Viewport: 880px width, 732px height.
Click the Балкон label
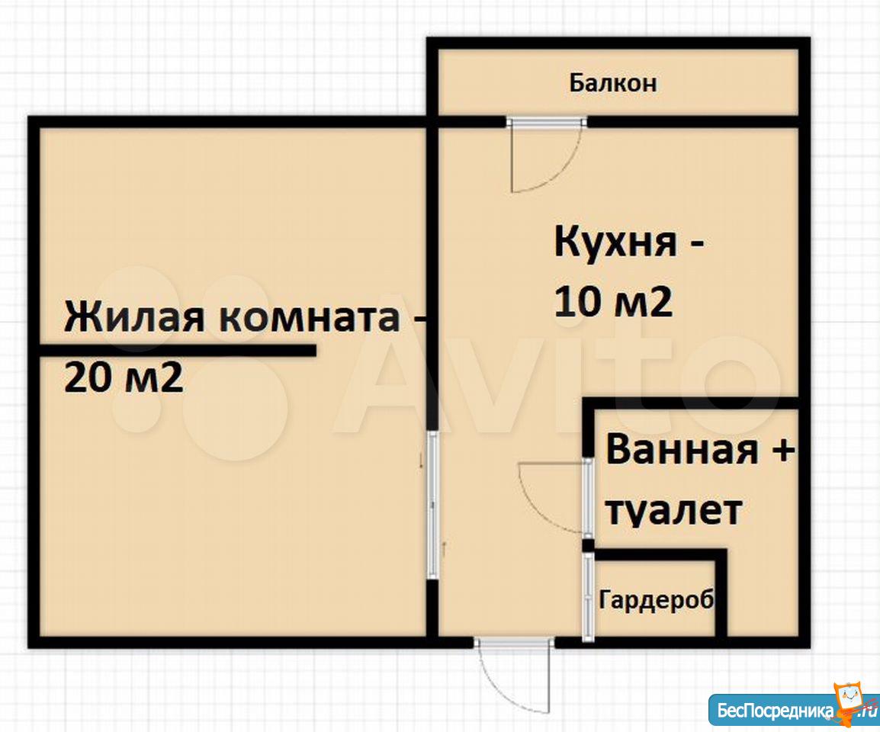point(612,83)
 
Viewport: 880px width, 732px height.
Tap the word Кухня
point(615,242)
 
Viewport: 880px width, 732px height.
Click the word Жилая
point(135,317)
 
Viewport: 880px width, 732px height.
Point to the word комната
point(310,318)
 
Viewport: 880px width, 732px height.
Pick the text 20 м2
point(124,377)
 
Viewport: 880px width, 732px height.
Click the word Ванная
point(682,450)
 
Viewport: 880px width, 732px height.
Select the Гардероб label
point(657,599)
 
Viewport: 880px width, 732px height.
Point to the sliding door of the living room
point(432,506)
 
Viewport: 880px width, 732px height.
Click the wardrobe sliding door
point(587,597)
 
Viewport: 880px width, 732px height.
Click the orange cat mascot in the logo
point(849,701)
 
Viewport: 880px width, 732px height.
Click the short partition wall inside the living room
point(178,350)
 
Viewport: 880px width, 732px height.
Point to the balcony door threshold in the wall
point(546,121)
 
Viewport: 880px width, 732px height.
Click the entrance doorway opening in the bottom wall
point(513,642)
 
